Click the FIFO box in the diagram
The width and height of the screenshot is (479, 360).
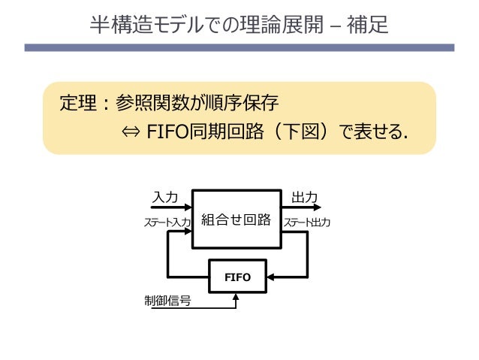coord(237,277)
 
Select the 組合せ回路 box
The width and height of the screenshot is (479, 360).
coord(236,219)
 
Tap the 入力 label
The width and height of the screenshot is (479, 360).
coord(165,197)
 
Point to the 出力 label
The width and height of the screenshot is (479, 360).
coord(304,197)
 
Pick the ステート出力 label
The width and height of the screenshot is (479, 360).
coord(306,222)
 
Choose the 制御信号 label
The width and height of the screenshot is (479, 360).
coord(167,300)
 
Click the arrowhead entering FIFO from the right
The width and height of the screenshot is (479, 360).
coord(271,277)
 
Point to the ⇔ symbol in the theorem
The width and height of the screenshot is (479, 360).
coord(131,132)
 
